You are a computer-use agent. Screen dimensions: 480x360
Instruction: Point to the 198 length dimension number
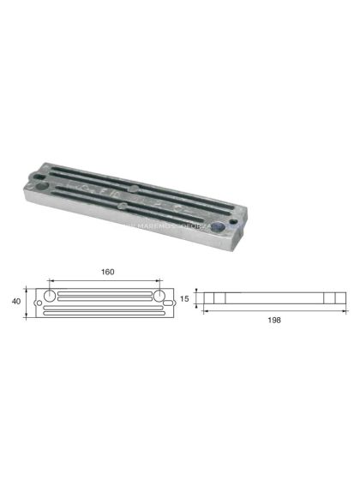(x=274, y=320)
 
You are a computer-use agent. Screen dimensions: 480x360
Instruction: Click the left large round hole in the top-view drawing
(x=51, y=295)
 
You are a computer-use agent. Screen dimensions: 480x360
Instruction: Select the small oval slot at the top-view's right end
(x=171, y=302)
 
